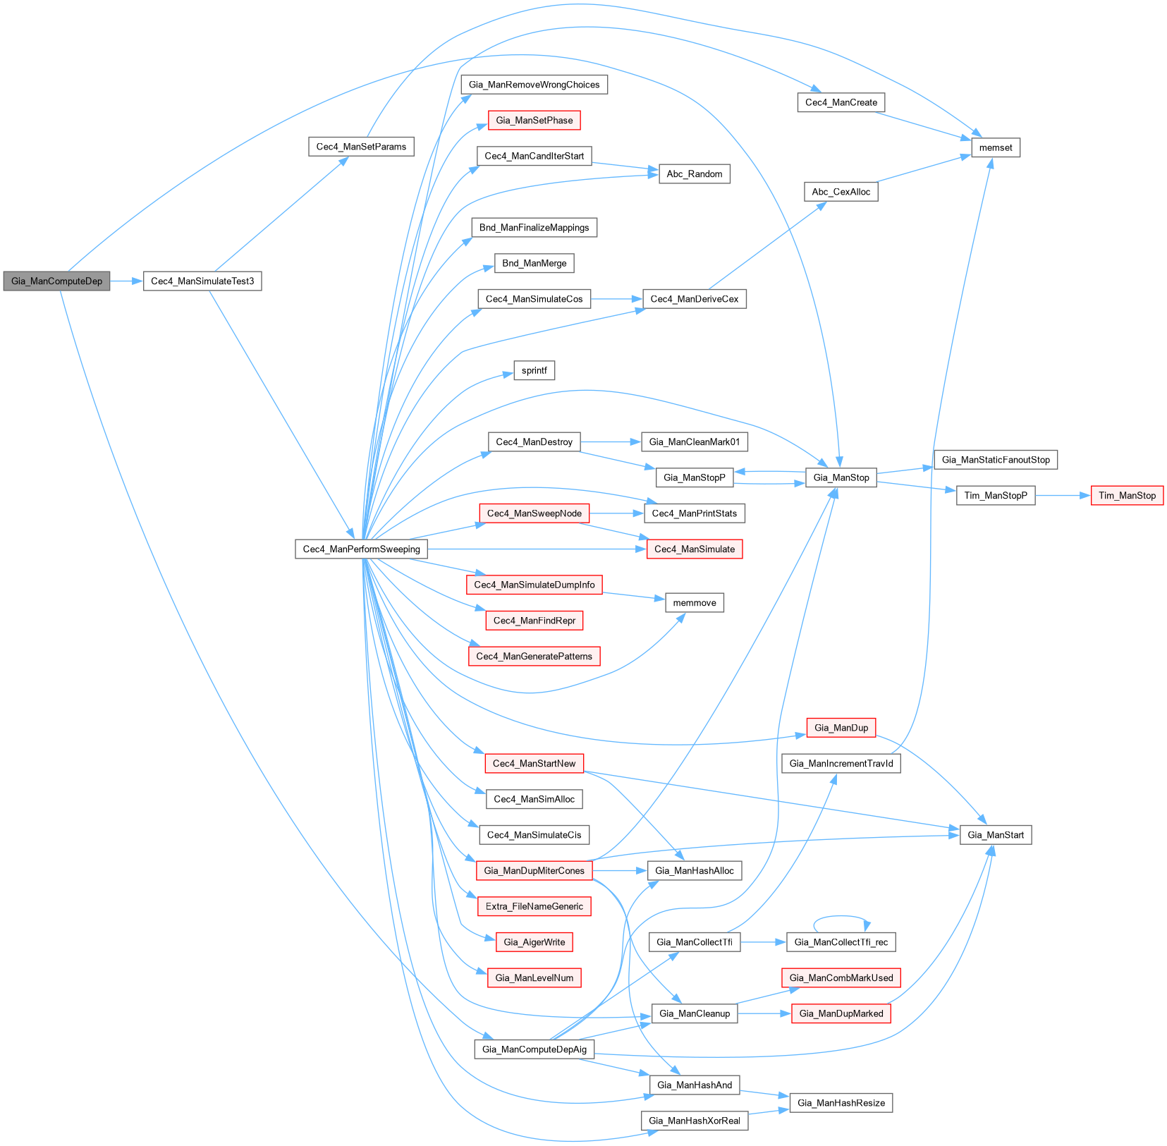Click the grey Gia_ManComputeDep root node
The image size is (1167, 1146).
tap(56, 281)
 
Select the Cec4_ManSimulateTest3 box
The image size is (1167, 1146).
tap(202, 281)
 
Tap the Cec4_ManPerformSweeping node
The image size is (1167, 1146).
tap(361, 549)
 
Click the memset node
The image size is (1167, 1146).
tap(995, 147)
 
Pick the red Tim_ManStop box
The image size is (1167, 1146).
tap(1127, 495)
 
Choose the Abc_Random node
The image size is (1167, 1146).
tap(694, 173)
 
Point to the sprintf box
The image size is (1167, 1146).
tap(534, 370)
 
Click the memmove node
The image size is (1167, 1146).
tap(694, 602)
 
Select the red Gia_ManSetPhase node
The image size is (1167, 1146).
tap(534, 120)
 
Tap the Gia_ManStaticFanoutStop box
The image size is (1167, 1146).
tap(995, 460)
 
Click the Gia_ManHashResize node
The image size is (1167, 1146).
tap(841, 1102)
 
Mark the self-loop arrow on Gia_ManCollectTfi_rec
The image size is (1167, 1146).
tap(841, 917)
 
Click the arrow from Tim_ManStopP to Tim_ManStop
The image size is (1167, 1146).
tap(1063, 495)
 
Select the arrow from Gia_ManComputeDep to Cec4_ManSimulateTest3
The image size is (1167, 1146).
tap(126, 281)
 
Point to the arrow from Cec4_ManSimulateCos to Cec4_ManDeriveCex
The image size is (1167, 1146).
tap(616, 299)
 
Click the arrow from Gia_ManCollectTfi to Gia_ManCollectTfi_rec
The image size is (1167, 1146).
tap(763, 941)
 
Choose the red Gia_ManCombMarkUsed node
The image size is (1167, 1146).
tap(841, 977)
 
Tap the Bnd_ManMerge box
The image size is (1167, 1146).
tap(534, 263)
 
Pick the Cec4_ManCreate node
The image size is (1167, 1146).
tap(841, 102)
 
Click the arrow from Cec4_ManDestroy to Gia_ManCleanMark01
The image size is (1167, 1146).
tap(610, 441)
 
